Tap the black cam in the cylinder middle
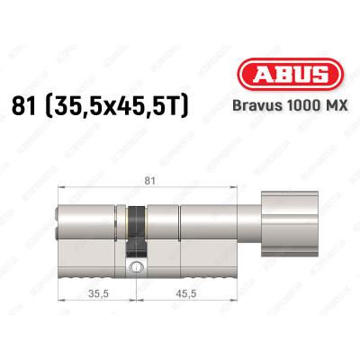[136, 237]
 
